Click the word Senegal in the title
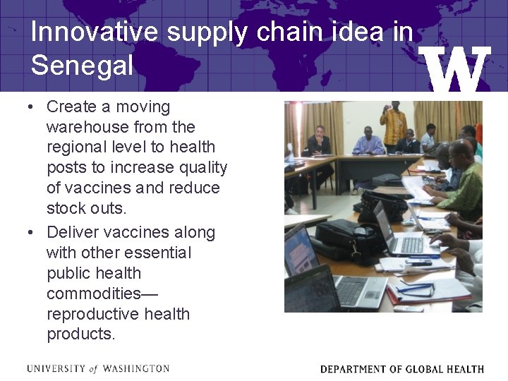pos(82,66)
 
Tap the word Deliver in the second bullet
pos(73,232)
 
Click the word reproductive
pos(95,314)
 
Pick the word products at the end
pos(80,334)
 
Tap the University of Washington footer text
pos(98,369)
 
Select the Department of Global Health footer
pos(401,369)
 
